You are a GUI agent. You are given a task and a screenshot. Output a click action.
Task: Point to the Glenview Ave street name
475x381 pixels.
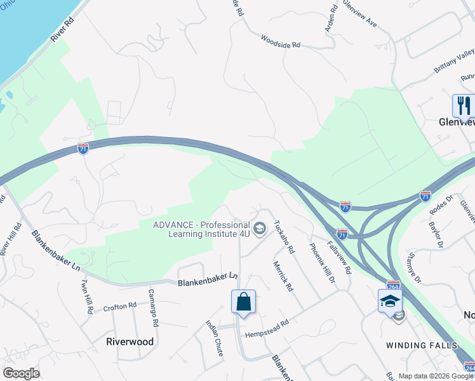click(360, 13)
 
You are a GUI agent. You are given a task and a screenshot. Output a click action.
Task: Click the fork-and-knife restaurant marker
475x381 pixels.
click(462, 106)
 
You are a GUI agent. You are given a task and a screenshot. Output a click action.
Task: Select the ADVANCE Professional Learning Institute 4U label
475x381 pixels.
click(201, 229)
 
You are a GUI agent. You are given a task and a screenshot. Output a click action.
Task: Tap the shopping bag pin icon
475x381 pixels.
click(244, 302)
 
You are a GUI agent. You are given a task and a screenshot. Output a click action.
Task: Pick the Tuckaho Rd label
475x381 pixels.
click(284, 237)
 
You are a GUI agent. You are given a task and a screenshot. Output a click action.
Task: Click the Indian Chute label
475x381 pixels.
click(214, 337)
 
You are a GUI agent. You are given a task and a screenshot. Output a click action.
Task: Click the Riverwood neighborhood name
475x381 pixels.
click(130, 342)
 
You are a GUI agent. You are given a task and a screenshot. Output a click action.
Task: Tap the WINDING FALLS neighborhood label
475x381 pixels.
click(422, 345)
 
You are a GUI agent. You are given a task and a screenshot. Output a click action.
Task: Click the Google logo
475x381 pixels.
click(21, 373)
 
